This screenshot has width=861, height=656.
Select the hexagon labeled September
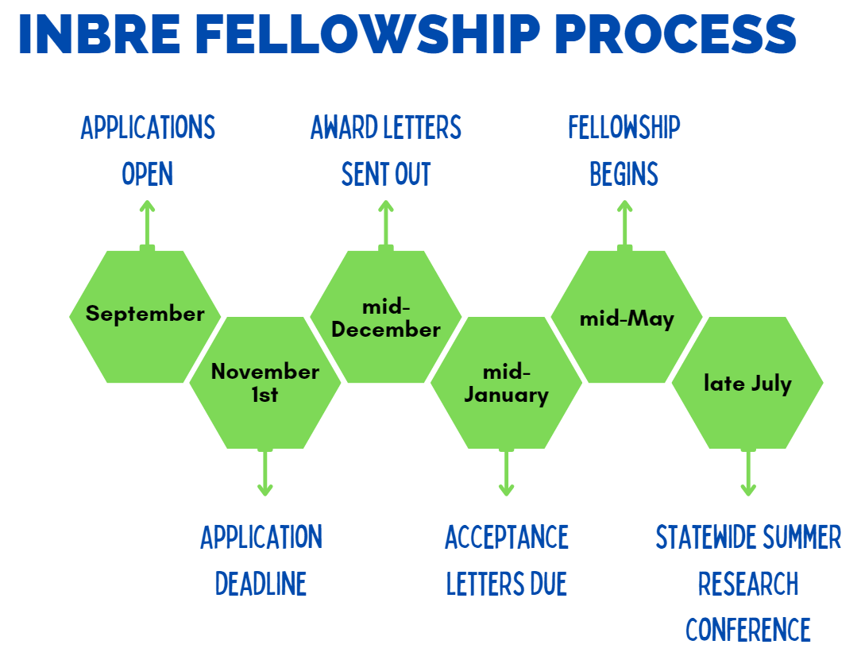tap(145, 316)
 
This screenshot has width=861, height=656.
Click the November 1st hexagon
tap(265, 383)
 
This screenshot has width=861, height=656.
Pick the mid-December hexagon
tap(386, 318)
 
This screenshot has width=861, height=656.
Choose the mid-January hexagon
tap(506, 383)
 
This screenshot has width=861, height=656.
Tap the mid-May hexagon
tap(627, 318)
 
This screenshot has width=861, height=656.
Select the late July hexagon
tap(747, 383)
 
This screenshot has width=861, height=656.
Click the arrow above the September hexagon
tap(147, 224)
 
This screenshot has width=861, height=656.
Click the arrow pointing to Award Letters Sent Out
tap(386, 224)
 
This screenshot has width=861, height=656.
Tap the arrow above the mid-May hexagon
tap(625, 224)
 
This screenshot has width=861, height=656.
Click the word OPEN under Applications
tap(148, 174)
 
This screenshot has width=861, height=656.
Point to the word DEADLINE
tap(261, 585)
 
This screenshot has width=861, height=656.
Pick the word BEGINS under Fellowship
tap(624, 174)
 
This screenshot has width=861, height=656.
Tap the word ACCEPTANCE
tap(507, 538)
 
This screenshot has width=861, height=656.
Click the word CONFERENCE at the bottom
tap(748, 630)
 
